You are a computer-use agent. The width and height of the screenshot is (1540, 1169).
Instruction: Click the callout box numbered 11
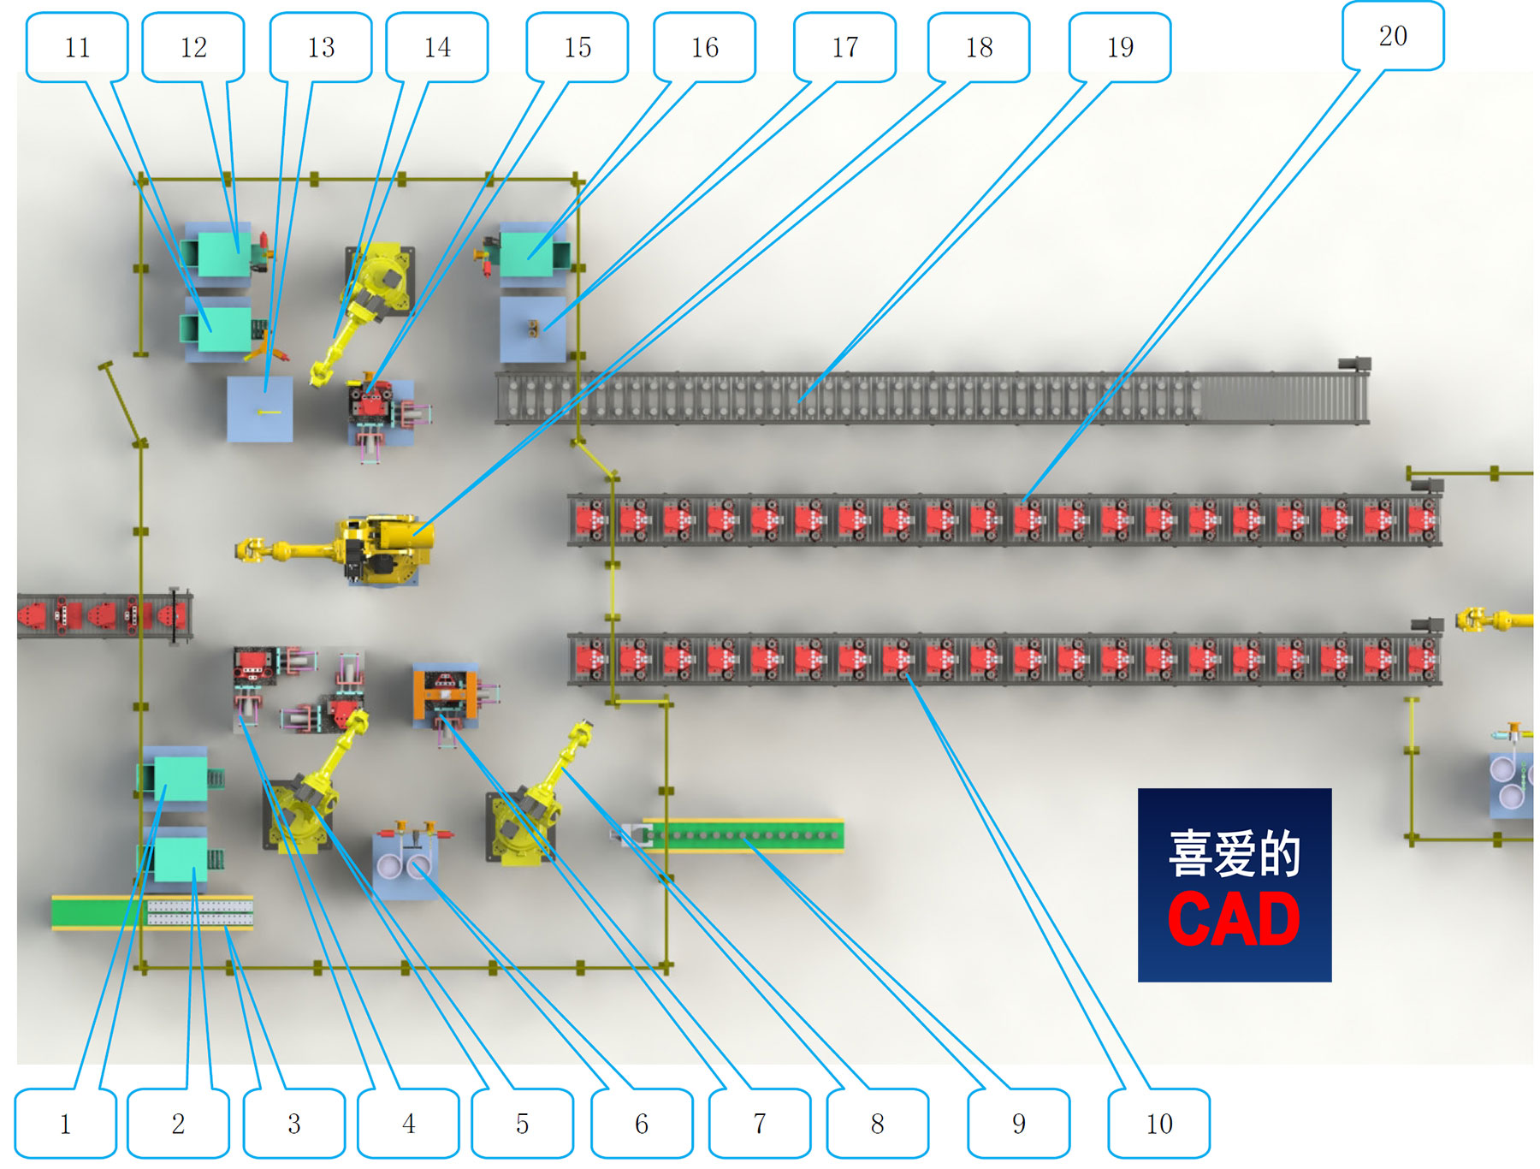pos(77,47)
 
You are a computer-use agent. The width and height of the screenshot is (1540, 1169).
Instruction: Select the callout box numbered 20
pos(1392,36)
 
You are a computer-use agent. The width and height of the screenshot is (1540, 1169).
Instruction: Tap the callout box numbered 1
pos(65,1123)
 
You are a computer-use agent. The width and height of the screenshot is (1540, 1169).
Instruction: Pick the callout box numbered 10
pos(1158,1123)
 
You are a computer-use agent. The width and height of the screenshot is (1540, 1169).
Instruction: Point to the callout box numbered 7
pos(759,1123)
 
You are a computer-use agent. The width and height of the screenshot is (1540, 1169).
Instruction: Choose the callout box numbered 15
pos(577,47)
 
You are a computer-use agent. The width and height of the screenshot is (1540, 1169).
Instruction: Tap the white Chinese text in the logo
pos(1234,854)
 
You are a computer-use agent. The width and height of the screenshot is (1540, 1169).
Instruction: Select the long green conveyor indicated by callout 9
pos(744,836)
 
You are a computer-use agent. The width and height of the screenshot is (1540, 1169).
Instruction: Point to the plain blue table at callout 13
pos(260,409)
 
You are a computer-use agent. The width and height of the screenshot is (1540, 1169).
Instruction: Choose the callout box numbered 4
pos(408,1123)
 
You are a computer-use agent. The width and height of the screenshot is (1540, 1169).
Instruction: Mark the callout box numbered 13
pos(321,47)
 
